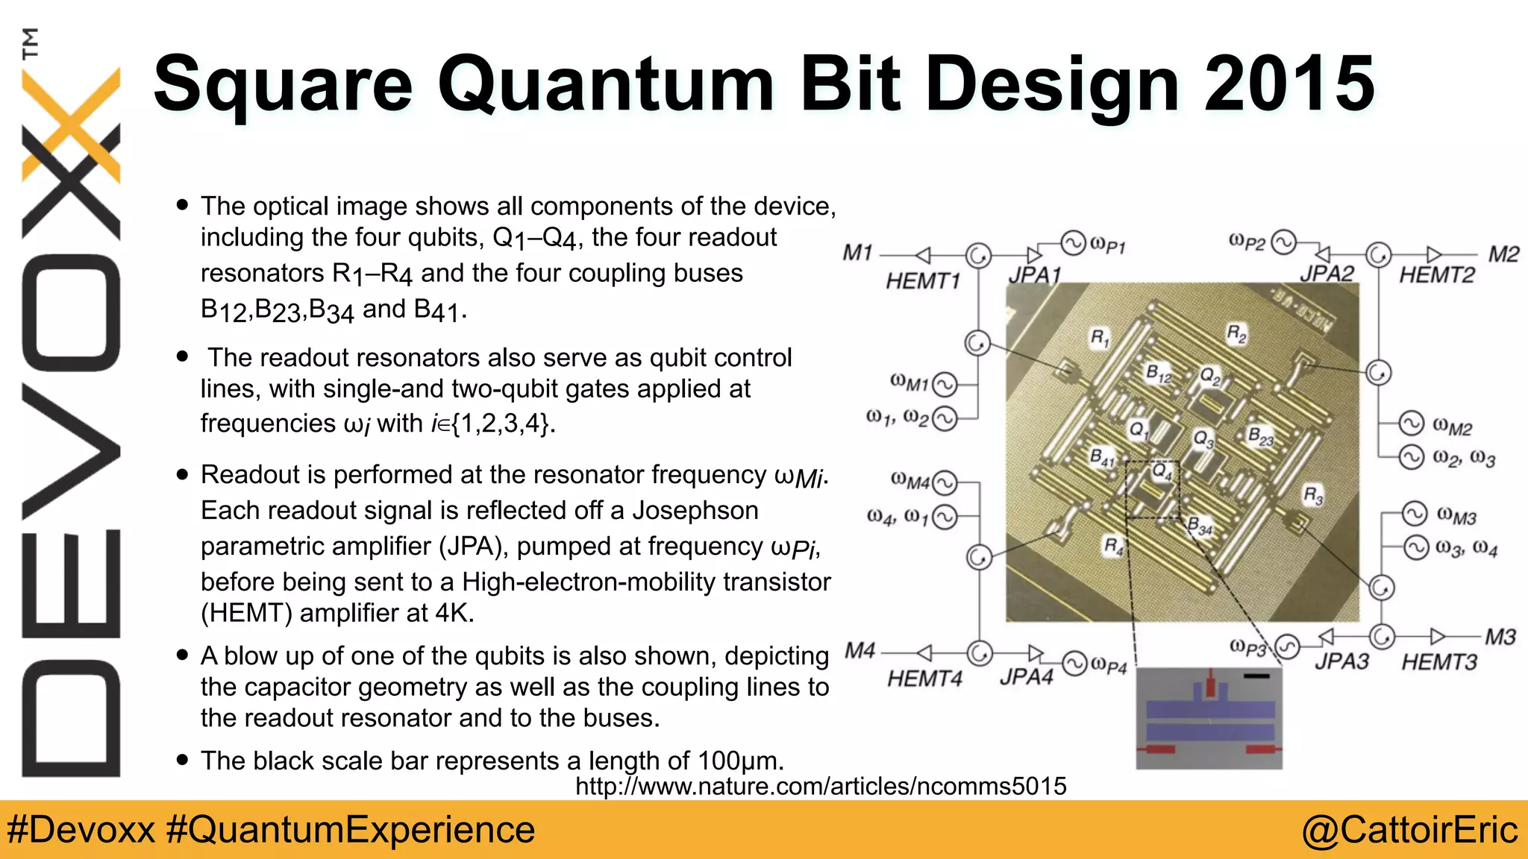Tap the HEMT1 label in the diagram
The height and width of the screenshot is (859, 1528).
[x=922, y=281]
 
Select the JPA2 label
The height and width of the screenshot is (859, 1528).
[x=1327, y=274]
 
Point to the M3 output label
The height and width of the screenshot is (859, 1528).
[x=1500, y=638]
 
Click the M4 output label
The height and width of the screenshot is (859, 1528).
[x=859, y=651]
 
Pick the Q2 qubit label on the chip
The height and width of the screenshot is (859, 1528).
[x=1210, y=376]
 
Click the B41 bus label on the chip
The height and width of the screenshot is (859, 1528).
[x=1102, y=457]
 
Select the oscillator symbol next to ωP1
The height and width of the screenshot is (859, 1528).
[x=1073, y=243]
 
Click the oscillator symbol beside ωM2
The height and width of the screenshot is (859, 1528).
[x=1411, y=424]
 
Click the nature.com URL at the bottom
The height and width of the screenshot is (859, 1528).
[x=821, y=786]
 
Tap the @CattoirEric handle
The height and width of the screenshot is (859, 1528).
[x=1409, y=830]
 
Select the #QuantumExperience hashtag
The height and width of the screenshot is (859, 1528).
[x=351, y=830]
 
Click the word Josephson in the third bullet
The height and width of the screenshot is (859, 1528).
[x=695, y=511]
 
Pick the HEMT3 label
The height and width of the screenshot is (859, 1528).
[x=1438, y=662]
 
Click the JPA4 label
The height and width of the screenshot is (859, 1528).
[x=1026, y=677]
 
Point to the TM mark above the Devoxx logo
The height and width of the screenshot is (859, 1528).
[x=31, y=43]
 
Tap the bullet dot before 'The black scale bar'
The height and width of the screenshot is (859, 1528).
[x=183, y=760]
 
